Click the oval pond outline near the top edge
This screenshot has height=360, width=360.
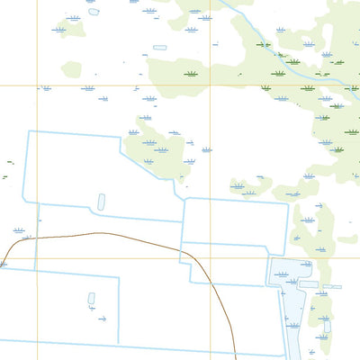click(94, 12)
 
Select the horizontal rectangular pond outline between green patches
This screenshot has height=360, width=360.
click(160, 47)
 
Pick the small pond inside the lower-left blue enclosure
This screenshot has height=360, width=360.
click(91, 298)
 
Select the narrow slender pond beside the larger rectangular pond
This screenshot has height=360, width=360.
click(332, 287)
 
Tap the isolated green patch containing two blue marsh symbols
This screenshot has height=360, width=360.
click(73, 24)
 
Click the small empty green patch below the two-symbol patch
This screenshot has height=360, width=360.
click(71, 68)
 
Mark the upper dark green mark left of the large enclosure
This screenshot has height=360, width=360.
click(9, 163)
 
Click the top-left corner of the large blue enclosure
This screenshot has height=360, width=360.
click(29, 131)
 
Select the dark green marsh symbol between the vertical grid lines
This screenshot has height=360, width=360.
click(191, 75)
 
